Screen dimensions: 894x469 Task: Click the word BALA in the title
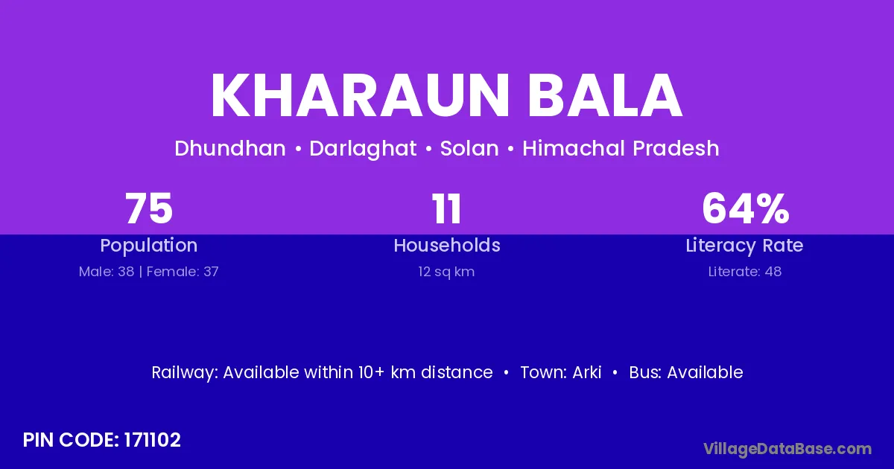(x=605, y=95)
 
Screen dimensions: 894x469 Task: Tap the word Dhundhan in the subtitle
(x=230, y=148)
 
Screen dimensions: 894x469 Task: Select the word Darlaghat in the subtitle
(x=363, y=149)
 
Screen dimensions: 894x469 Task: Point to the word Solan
(x=469, y=148)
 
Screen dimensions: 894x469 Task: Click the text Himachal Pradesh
(x=621, y=148)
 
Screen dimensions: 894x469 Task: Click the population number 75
(x=149, y=208)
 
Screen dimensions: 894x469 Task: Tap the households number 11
(x=446, y=208)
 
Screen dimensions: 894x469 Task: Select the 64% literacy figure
(x=745, y=208)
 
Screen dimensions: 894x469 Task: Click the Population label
(x=149, y=245)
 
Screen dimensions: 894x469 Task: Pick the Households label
(x=446, y=245)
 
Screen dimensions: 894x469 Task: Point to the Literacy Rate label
(x=744, y=245)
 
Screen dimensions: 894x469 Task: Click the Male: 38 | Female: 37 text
(x=149, y=272)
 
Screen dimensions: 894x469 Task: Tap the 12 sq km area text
(x=446, y=272)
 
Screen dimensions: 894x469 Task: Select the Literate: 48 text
(x=745, y=272)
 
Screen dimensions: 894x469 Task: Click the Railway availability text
(x=322, y=372)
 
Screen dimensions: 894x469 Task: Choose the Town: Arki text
(x=561, y=372)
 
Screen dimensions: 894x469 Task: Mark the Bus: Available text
(x=686, y=372)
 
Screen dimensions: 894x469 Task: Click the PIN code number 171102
(x=153, y=440)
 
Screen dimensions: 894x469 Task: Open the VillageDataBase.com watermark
(x=787, y=449)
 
